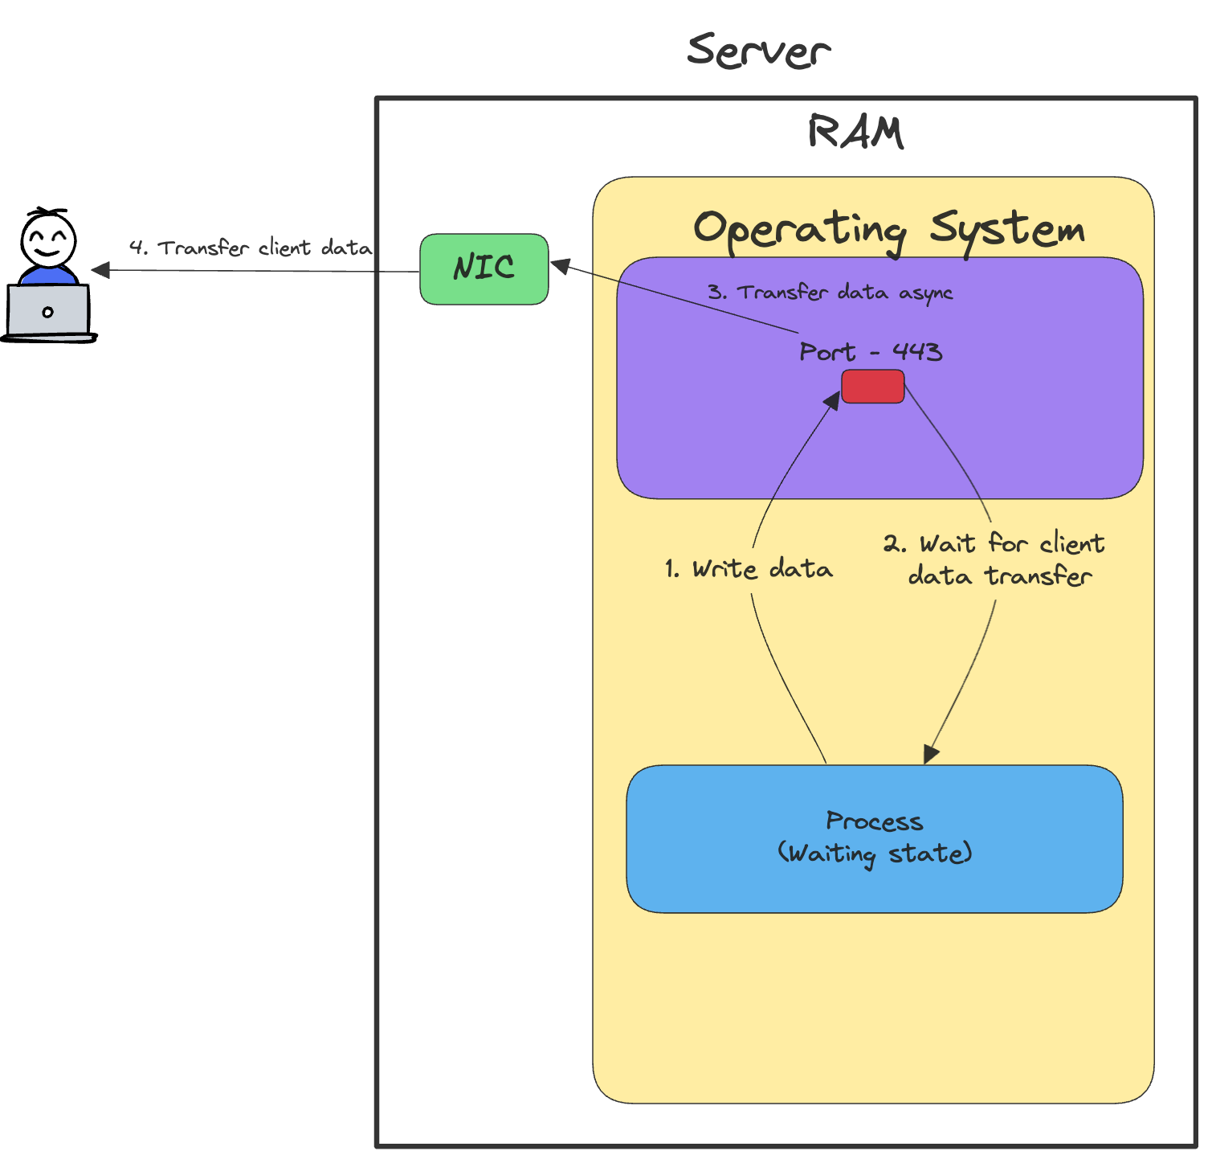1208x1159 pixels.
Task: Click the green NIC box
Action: click(484, 269)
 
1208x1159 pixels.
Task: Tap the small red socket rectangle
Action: click(872, 387)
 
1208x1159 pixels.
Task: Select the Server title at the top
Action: click(758, 51)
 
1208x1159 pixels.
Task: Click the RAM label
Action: click(855, 133)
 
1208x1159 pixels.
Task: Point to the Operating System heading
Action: click(888, 230)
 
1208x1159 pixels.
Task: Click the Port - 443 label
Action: click(871, 352)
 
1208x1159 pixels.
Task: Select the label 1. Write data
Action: click(749, 569)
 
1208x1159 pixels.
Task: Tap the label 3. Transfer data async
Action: click(830, 293)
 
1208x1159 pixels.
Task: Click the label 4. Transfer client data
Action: click(251, 248)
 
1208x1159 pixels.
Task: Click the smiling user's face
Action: click(48, 239)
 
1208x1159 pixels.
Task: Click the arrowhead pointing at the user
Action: click(101, 270)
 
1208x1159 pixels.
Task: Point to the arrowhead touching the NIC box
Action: click(561, 265)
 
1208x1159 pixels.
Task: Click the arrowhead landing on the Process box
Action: click(931, 754)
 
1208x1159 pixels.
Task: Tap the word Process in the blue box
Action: click(874, 821)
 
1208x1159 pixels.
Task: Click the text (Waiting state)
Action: click(874, 854)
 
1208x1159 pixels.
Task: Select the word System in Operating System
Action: click(1007, 230)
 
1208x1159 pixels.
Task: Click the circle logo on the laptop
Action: click(48, 312)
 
